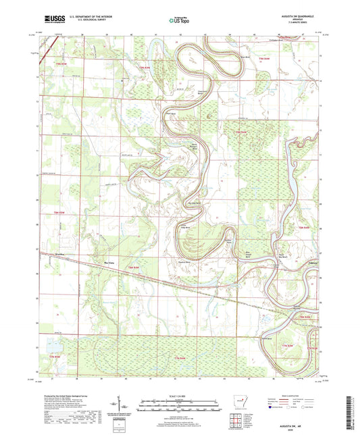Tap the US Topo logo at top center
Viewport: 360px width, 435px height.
[179, 20]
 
